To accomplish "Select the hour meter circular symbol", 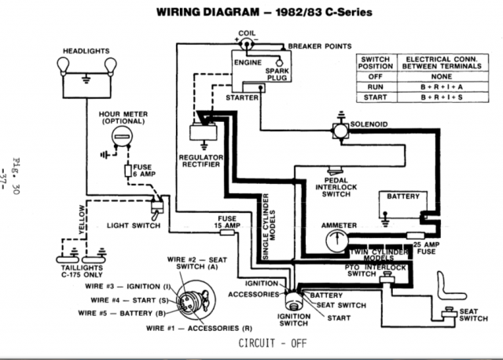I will pyautogui.click(x=122, y=138).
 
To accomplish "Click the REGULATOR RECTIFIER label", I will pyautogui.click(x=201, y=162).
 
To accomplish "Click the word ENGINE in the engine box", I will pyautogui.click(x=248, y=60).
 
